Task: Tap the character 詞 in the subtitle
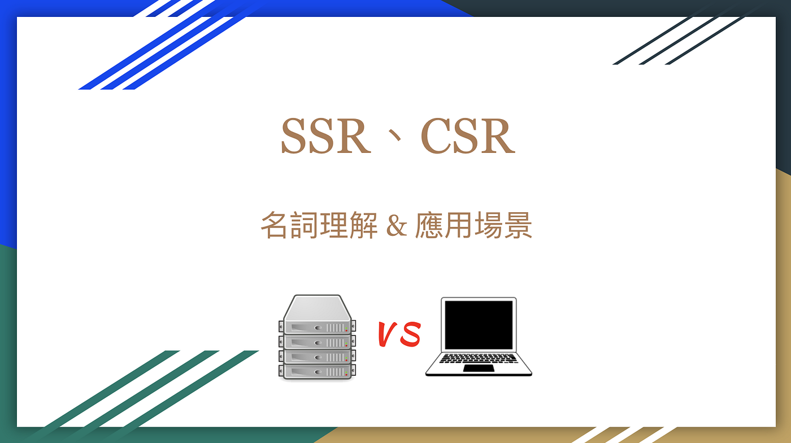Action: (304, 226)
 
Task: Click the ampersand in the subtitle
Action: (396, 226)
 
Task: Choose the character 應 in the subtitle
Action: (429, 226)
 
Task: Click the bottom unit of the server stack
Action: (317, 371)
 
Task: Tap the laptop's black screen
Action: (479, 324)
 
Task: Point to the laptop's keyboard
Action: (479, 358)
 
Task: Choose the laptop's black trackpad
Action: (479, 368)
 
